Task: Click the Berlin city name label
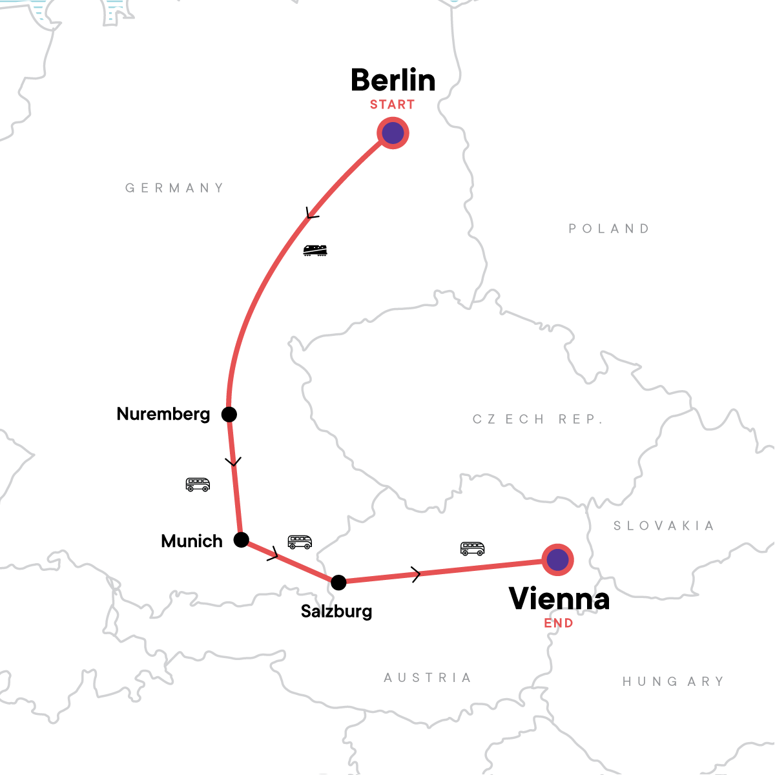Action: pyautogui.click(x=393, y=81)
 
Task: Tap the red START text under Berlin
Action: pyautogui.click(x=392, y=105)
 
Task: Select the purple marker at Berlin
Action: pyautogui.click(x=393, y=133)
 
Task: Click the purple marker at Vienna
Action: pyautogui.click(x=557, y=559)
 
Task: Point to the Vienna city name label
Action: pyautogui.click(x=559, y=599)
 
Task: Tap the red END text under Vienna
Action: pyautogui.click(x=559, y=623)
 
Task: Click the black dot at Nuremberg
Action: pyautogui.click(x=229, y=414)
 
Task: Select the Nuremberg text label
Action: pyautogui.click(x=163, y=414)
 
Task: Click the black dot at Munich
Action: pyautogui.click(x=241, y=540)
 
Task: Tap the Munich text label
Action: pyautogui.click(x=192, y=541)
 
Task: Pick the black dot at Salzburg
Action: pyautogui.click(x=338, y=583)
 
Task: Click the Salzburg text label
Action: pyautogui.click(x=336, y=611)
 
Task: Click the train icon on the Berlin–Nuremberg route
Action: pyautogui.click(x=315, y=251)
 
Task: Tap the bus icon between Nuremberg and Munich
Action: pyautogui.click(x=198, y=484)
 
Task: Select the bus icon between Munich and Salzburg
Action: pyautogui.click(x=300, y=542)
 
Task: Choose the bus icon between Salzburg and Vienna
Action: pyautogui.click(x=472, y=548)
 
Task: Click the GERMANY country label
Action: pyautogui.click(x=174, y=188)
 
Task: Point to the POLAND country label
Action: pyautogui.click(x=609, y=229)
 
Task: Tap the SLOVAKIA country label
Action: pyautogui.click(x=663, y=526)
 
